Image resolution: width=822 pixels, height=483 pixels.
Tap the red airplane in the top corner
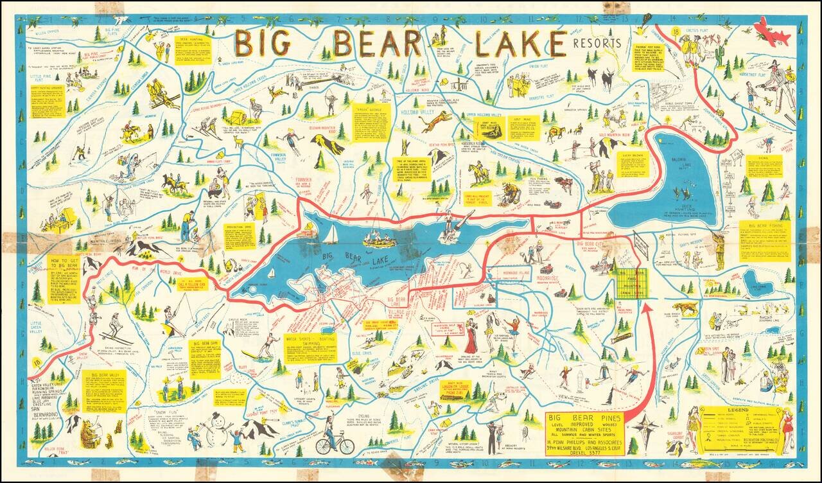[x=773, y=31]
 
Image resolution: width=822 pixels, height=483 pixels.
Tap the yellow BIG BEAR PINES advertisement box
[x=584, y=434]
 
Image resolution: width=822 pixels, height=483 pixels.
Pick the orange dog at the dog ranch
[x=685, y=308]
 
